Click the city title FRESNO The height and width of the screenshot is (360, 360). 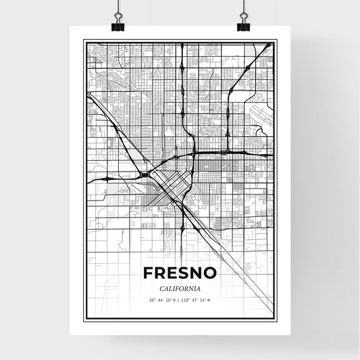(180, 273)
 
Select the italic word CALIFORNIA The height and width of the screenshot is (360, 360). (180, 288)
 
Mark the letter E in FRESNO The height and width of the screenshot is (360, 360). (170, 273)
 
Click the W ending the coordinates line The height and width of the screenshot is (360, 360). (209, 300)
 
